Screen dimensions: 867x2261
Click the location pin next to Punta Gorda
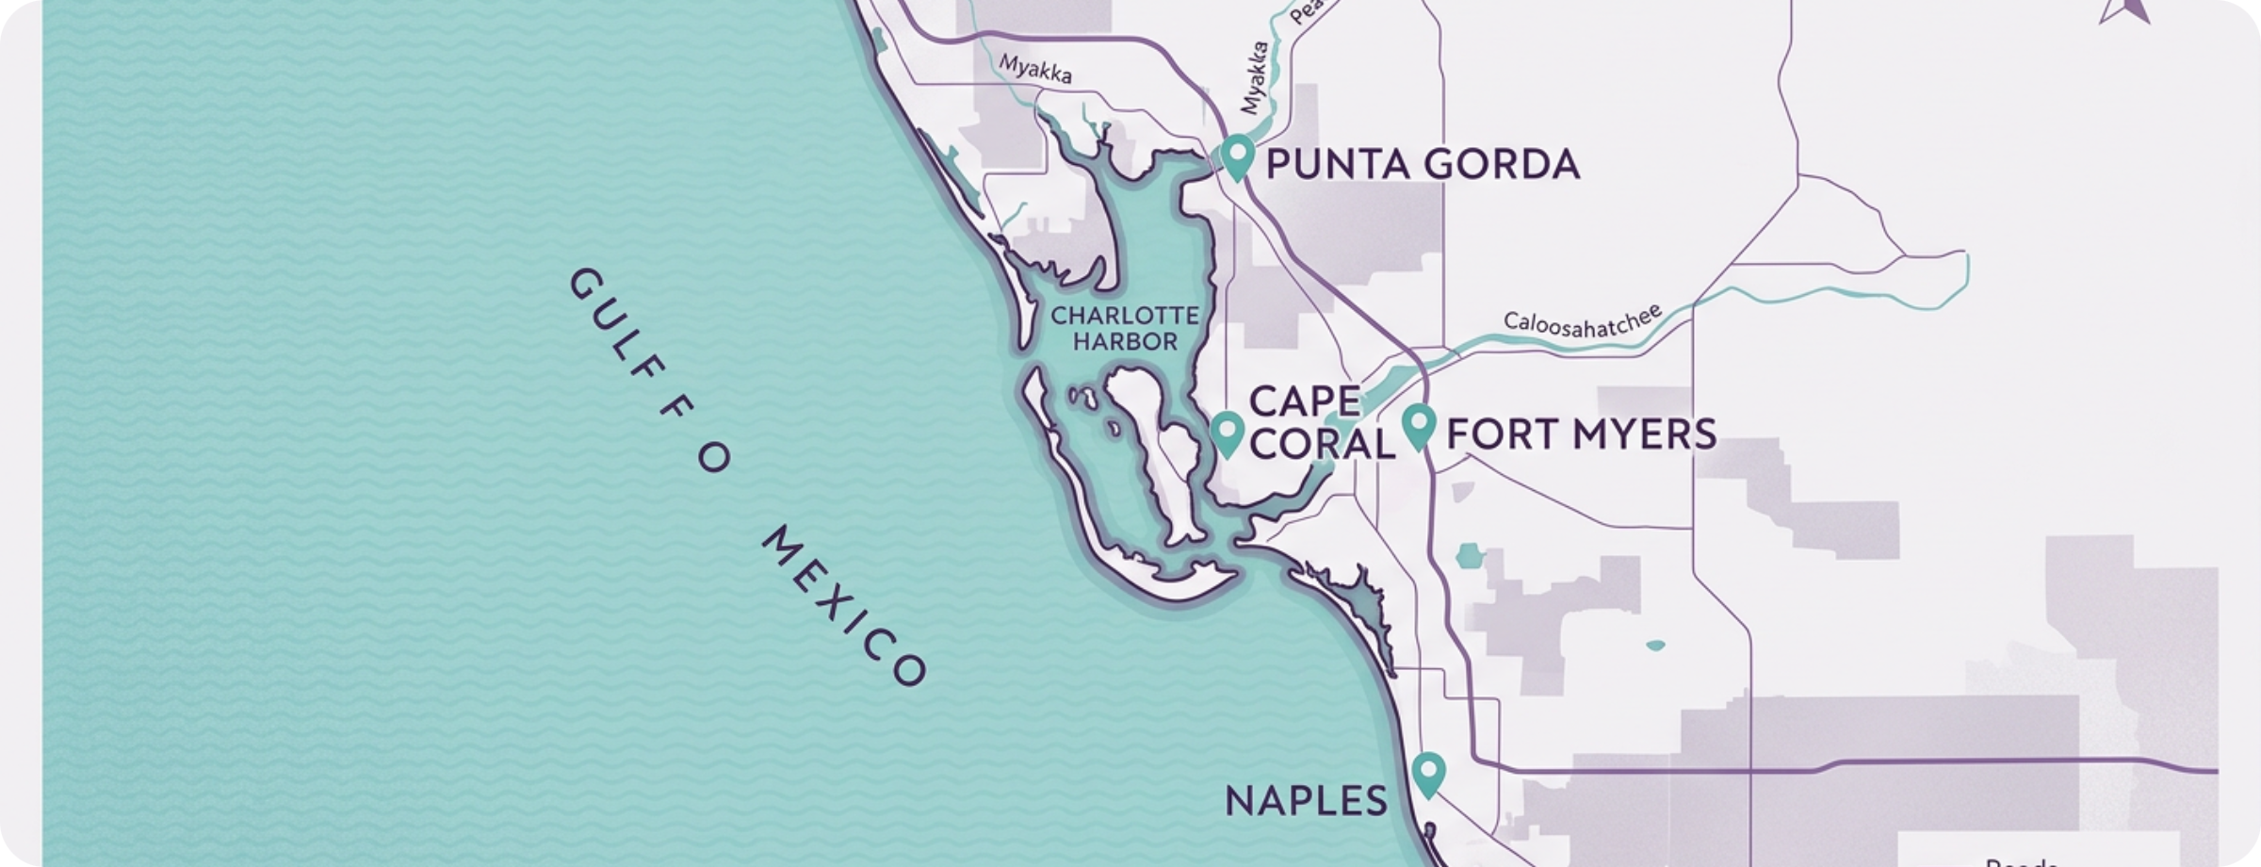coord(1236,155)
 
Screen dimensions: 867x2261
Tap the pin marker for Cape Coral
coord(1226,433)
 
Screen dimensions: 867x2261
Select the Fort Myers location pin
coord(1418,425)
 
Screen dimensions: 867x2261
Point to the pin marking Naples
coord(1429,774)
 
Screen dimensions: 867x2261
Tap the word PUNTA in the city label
coord(1336,164)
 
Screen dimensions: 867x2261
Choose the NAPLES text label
coord(1306,801)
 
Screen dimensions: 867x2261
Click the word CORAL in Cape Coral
coord(1322,444)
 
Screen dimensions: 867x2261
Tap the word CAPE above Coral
coord(1305,401)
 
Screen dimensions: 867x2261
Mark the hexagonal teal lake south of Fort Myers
coord(1468,557)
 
